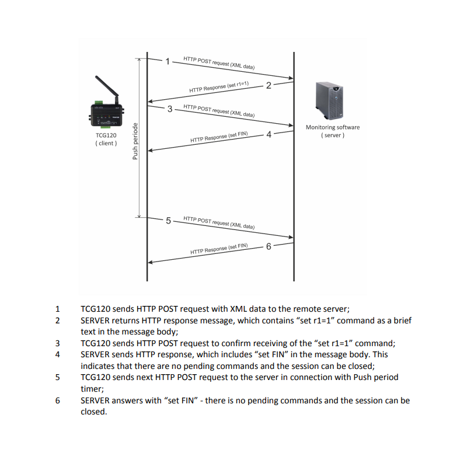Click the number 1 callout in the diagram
pyautogui.click(x=168, y=61)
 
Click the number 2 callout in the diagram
pyautogui.click(x=269, y=86)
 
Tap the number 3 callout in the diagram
pyautogui.click(x=170, y=109)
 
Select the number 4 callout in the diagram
pyautogui.click(x=269, y=134)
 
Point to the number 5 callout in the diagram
pyautogui.click(x=169, y=221)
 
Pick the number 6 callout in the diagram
pyautogui.click(x=269, y=246)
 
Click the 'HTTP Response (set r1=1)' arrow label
pyautogui.click(x=219, y=87)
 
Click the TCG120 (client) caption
pyautogui.click(x=106, y=139)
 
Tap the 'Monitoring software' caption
pyautogui.click(x=333, y=127)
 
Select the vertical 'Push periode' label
pyautogui.click(x=135, y=141)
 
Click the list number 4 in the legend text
pyautogui.click(x=57, y=354)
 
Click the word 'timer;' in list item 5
pyautogui.click(x=92, y=388)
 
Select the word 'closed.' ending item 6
pyautogui.click(x=93, y=412)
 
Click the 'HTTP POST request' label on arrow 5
pyautogui.click(x=218, y=222)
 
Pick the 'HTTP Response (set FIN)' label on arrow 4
pyautogui.click(x=219, y=137)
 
